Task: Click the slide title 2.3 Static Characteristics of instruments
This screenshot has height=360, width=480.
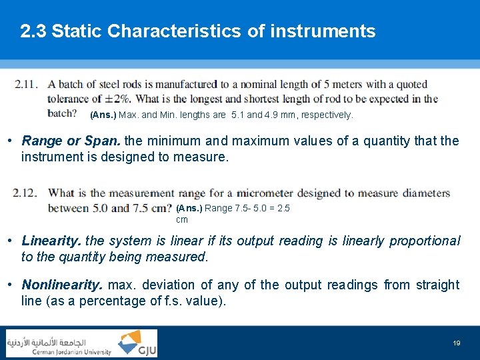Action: pyautogui.click(x=198, y=31)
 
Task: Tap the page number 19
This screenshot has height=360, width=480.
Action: pyautogui.click(x=457, y=343)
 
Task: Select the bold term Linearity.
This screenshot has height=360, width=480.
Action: pyautogui.click(x=52, y=241)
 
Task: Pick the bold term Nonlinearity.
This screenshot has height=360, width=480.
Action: pyautogui.click(x=62, y=285)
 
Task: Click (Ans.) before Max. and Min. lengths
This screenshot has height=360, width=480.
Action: pyautogui.click(x=103, y=115)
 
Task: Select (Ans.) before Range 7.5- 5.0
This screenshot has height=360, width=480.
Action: pyautogui.click(x=189, y=208)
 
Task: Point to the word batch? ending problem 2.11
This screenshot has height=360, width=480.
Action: pyautogui.click(x=63, y=113)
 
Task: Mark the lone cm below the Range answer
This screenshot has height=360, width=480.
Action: pyautogui.click(x=182, y=219)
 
